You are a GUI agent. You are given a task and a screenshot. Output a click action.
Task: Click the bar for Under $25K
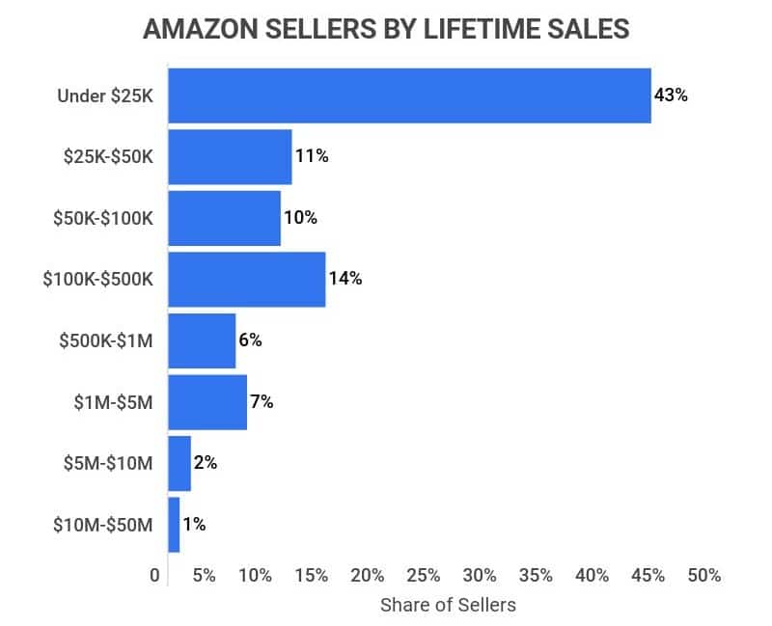(409, 95)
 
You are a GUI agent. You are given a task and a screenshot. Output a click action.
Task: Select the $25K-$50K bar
(230, 156)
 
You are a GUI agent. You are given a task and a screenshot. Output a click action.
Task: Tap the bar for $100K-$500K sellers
(246, 279)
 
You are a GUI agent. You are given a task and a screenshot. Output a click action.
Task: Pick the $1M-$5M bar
(207, 402)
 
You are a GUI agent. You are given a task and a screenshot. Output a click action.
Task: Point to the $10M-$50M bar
(174, 525)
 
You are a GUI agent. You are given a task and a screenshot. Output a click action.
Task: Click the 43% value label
(671, 95)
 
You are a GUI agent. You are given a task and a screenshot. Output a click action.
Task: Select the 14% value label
(345, 279)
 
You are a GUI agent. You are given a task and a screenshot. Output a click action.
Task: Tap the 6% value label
(250, 340)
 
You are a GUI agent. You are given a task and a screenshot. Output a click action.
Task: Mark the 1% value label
(194, 525)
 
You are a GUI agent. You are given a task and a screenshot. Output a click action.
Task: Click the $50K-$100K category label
(102, 218)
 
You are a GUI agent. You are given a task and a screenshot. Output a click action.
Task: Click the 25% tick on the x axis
(423, 576)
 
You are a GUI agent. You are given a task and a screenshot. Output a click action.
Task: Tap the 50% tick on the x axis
(704, 576)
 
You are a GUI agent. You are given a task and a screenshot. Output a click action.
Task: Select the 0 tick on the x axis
(155, 576)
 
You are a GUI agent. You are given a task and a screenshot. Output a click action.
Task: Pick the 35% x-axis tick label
(536, 576)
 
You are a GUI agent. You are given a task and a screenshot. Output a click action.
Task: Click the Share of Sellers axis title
(448, 605)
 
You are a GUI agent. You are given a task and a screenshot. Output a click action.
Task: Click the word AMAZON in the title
(200, 30)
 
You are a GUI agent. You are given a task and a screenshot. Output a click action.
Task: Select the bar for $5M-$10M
(179, 463)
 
